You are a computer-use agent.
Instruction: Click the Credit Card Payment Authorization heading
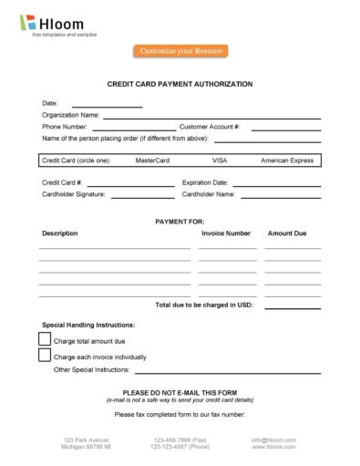coord(180,84)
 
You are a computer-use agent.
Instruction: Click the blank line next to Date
coord(107,106)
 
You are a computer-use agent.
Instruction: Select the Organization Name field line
coord(211,118)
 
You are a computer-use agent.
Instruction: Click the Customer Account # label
coord(210,127)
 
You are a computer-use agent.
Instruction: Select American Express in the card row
coord(287,161)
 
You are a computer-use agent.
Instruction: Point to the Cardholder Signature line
coord(141,197)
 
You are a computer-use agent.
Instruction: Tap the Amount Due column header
coord(287,233)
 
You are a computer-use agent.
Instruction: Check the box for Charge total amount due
coord(45,339)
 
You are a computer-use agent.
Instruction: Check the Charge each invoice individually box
coord(45,356)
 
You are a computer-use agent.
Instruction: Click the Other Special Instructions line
coord(228,373)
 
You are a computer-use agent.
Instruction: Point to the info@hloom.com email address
coord(273,440)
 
